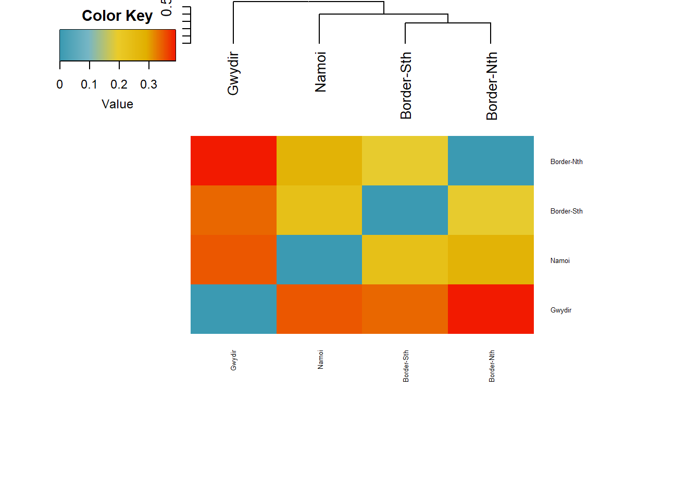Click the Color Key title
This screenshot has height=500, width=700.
pos(117,16)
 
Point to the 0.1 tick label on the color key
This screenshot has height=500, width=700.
pos(89,84)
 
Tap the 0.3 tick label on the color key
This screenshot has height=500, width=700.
pos(148,84)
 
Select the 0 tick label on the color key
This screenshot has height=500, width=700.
pos(60,84)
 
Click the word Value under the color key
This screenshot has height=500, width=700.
pos(117,104)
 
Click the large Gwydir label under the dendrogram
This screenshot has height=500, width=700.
pos(233,73)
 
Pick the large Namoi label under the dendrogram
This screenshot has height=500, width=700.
pos(320,72)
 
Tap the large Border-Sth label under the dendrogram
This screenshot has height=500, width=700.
pos(406,85)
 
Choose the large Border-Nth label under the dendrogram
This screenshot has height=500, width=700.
pos(492,86)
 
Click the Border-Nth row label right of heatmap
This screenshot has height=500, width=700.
pos(566,162)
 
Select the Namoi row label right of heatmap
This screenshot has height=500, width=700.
pos(560,261)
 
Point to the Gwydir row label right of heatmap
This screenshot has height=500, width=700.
pos(560,310)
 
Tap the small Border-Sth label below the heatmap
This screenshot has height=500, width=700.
pos(406,366)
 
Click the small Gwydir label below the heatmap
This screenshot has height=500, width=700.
pos(233,360)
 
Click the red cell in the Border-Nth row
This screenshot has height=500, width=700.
pos(233,160)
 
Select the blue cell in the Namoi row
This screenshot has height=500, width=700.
pos(319,259)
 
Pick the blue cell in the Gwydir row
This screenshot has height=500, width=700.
pos(233,309)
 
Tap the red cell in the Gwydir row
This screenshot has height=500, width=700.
pos(491,309)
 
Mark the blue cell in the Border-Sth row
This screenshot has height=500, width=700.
pos(405,210)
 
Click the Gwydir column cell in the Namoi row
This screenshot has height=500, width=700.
pos(233,259)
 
